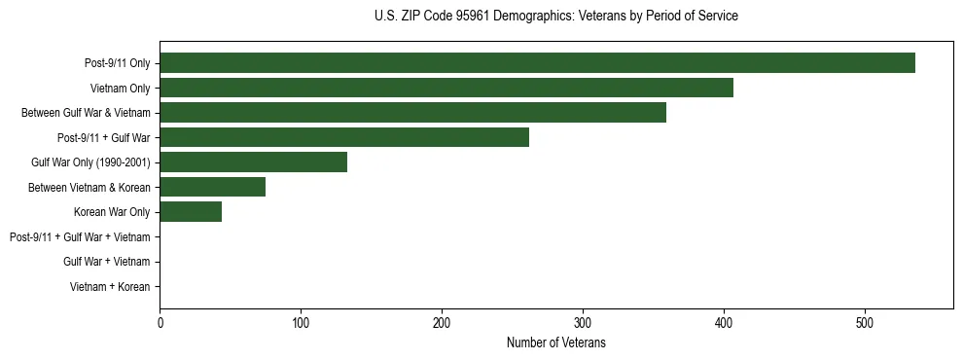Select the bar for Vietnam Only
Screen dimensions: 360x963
446,88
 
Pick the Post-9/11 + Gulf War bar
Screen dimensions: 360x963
344,137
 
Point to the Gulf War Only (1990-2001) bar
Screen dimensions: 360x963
253,162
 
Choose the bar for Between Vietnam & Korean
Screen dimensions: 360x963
212,187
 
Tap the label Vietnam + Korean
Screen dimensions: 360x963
110,287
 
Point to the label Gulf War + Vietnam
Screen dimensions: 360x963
106,262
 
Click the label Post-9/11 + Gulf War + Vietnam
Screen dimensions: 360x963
80,237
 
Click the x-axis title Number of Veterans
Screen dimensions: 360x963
555,342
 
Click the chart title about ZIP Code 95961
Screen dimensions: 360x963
555,17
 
